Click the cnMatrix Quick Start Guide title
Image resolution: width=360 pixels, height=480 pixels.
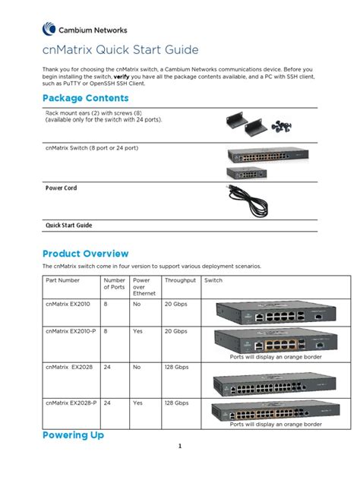[x=120, y=50]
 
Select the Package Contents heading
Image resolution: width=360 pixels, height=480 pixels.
[x=85, y=99]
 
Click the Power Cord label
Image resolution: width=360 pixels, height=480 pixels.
[x=61, y=188]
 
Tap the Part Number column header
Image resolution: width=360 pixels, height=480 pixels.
[x=62, y=280]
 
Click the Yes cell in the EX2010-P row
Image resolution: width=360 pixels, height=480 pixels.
[x=137, y=331]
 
